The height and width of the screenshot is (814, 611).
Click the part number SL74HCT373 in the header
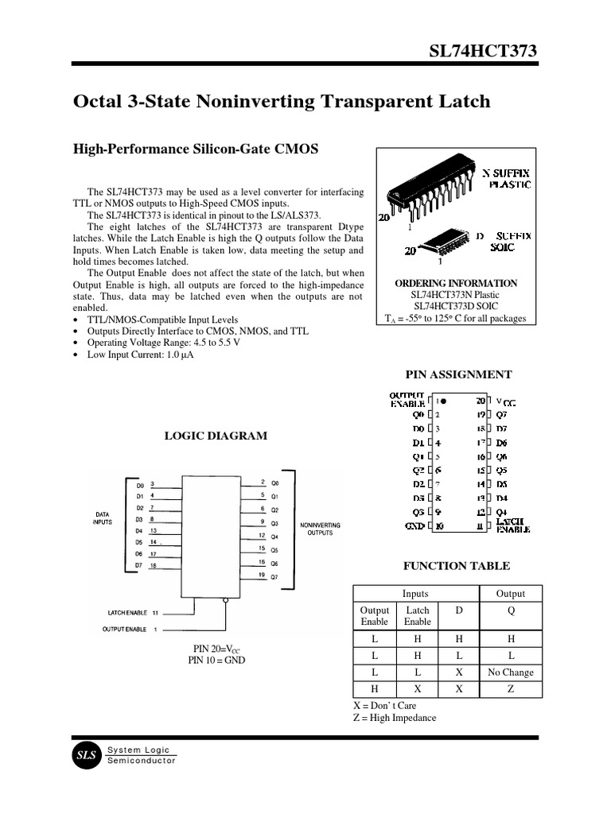point(483,52)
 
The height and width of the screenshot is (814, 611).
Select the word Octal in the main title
point(99,102)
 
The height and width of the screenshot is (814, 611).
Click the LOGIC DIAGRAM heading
point(215,436)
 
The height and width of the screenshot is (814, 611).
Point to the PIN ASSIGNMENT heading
point(459,374)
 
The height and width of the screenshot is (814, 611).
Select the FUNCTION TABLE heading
point(457,566)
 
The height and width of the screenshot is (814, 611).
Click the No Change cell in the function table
point(510,673)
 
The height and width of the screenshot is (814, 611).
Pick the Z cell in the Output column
point(510,689)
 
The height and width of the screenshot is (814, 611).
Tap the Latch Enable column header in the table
point(417,615)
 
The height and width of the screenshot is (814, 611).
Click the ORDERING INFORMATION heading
point(456,284)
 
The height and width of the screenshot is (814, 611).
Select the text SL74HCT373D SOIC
point(456,306)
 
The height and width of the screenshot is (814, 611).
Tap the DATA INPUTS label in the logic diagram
point(103,518)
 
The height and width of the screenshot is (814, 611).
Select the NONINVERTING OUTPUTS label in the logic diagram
point(320,529)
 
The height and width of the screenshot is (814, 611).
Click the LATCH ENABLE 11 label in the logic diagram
point(133,613)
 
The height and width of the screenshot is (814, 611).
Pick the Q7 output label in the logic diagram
point(275,576)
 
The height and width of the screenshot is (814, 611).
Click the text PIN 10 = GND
point(216,660)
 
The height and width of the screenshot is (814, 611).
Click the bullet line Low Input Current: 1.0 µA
point(139,355)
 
